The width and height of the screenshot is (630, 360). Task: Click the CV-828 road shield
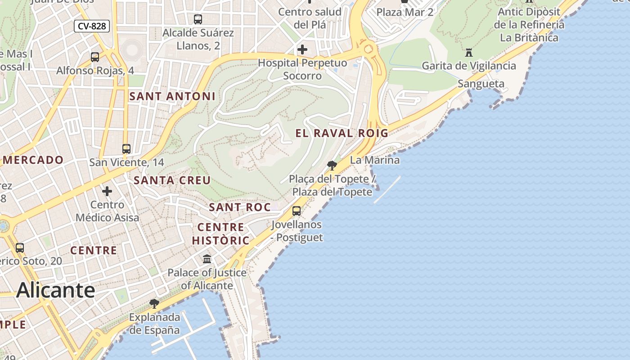tap(92, 26)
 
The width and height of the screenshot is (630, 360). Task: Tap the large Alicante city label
tap(55, 290)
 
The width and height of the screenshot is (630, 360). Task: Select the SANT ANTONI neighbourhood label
tap(172, 96)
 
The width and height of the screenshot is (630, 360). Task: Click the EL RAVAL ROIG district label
tap(342, 133)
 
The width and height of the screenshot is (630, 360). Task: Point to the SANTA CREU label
tap(172, 180)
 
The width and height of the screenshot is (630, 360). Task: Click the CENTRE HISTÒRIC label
tap(220, 234)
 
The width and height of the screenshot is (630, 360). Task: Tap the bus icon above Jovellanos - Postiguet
tap(297, 211)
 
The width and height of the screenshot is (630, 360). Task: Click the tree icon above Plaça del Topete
tap(332, 165)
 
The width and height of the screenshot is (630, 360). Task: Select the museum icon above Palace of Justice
tap(207, 259)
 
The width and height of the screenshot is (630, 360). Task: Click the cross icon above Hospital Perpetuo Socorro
tap(302, 49)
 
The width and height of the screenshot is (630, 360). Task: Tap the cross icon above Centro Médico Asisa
tap(107, 191)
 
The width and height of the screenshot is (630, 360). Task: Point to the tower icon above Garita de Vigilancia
tap(469, 52)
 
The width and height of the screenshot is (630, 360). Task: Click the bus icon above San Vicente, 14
tap(126, 148)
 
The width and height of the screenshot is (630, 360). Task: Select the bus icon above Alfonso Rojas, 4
tap(95, 57)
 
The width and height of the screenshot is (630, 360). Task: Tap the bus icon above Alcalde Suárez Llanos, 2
tap(198, 19)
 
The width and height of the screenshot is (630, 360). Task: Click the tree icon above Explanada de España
tap(154, 303)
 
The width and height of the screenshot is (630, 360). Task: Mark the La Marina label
tap(374, 160)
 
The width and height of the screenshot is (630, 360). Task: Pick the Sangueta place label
tap(481, 84)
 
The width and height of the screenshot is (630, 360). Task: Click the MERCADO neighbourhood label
tap(33, 160)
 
